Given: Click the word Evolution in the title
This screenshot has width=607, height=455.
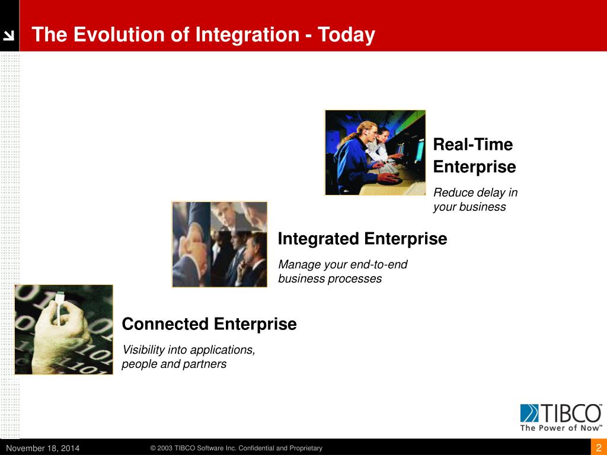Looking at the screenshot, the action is pos(122,34).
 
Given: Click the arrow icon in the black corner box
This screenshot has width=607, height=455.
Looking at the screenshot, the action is pos(8,36).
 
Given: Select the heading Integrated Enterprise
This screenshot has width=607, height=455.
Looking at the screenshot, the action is pos(362,239).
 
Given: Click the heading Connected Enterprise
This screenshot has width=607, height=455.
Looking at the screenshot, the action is pos(209,324).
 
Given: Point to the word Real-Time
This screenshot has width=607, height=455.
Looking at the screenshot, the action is pos(472,145).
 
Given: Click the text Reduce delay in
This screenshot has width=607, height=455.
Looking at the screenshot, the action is pos(475,193).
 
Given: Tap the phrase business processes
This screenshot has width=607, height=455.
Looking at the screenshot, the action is pos(330,278).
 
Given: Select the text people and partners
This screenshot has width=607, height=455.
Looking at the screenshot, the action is pos(174,364).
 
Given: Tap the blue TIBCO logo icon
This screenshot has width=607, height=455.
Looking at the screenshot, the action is pos(529,413).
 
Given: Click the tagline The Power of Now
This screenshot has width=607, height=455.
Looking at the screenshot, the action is pos(561,428).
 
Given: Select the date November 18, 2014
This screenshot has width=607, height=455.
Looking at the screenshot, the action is pos(43,448).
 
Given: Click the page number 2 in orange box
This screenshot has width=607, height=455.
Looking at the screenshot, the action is pos(599,448).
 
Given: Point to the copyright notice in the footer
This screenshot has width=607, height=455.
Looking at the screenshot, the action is pos(236,448).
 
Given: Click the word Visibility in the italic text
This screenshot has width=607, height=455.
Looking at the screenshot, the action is pos(143,350).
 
